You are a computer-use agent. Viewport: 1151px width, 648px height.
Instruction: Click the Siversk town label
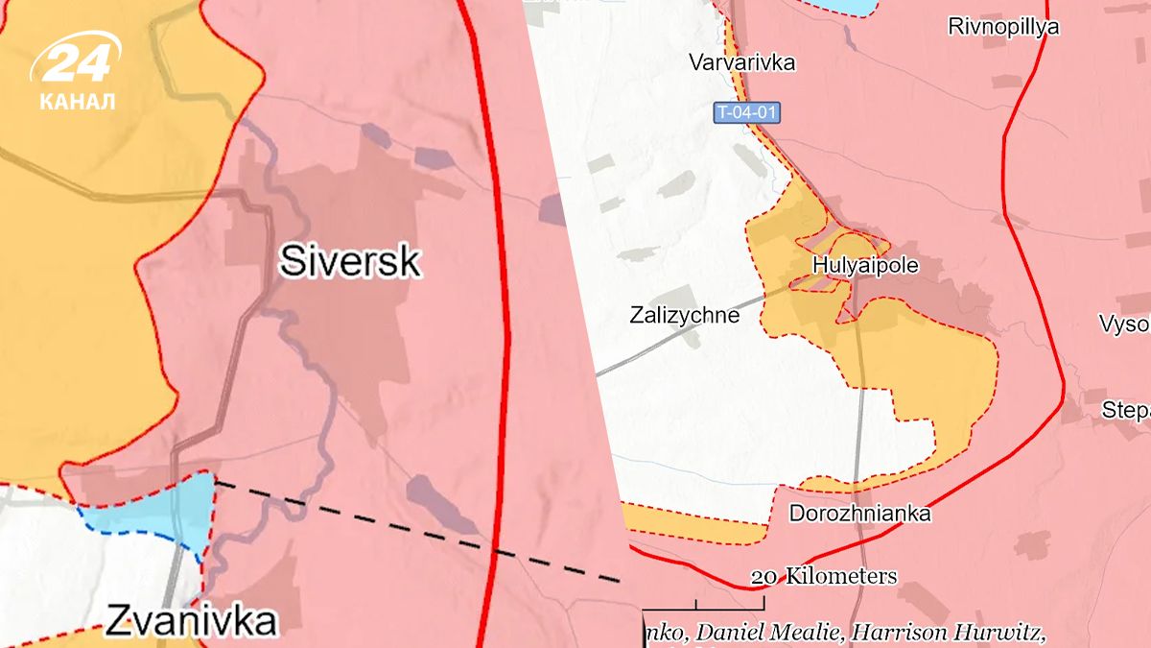[x=350, y=260]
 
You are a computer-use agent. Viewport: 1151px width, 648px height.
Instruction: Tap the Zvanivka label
[x=190, y=622]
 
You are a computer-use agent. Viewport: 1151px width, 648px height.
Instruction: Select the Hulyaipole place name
[x=865, y=266]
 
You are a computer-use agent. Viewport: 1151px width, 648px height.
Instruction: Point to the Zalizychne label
[x=685, y=314]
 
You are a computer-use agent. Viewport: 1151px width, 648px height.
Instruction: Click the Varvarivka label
[x=742, y=63]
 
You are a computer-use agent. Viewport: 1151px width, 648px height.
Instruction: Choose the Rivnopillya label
[x=1003, y=27]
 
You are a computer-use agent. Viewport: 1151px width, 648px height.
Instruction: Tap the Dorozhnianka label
[x=859, y=514]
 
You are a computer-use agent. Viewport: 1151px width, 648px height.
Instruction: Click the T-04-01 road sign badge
[x=746, y=113]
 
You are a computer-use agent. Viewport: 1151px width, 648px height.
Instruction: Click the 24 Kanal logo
[x=77, y=62]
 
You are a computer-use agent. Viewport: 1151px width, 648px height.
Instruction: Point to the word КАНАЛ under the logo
[x=78, y=101]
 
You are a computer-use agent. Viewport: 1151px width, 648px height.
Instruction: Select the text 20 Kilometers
[x=824, y=576]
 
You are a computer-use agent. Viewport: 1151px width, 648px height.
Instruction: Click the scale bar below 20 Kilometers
[x=704, y=606]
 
